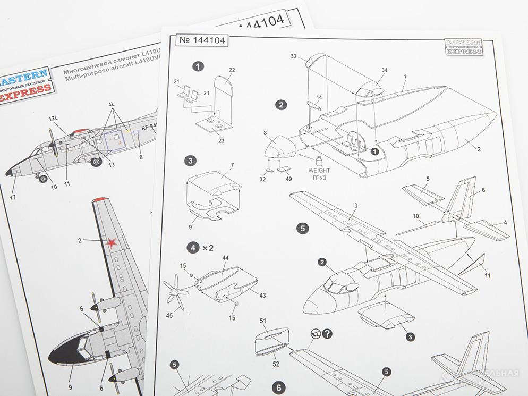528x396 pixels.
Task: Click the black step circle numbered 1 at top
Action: pyautogui.click(x=198, y=66)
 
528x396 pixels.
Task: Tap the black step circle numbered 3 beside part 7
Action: pyautogui.click(x=191, y=161)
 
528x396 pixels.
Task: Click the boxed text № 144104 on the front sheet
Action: pyautogui.click(x=202, y=41)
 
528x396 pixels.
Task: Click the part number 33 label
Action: pyautogui.click(x=294, y=56)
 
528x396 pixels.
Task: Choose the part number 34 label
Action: pyautogui.click(x=384, y=70)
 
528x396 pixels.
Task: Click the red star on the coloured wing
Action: pyautogui.click(x=112, y=243)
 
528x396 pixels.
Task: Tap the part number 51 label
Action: pyautogui.click(x=263, y=321)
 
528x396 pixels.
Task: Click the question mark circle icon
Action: pyautogui.click(x=327, y=334)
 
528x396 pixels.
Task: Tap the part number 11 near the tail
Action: pyautogui.click(x=487, y=275)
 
